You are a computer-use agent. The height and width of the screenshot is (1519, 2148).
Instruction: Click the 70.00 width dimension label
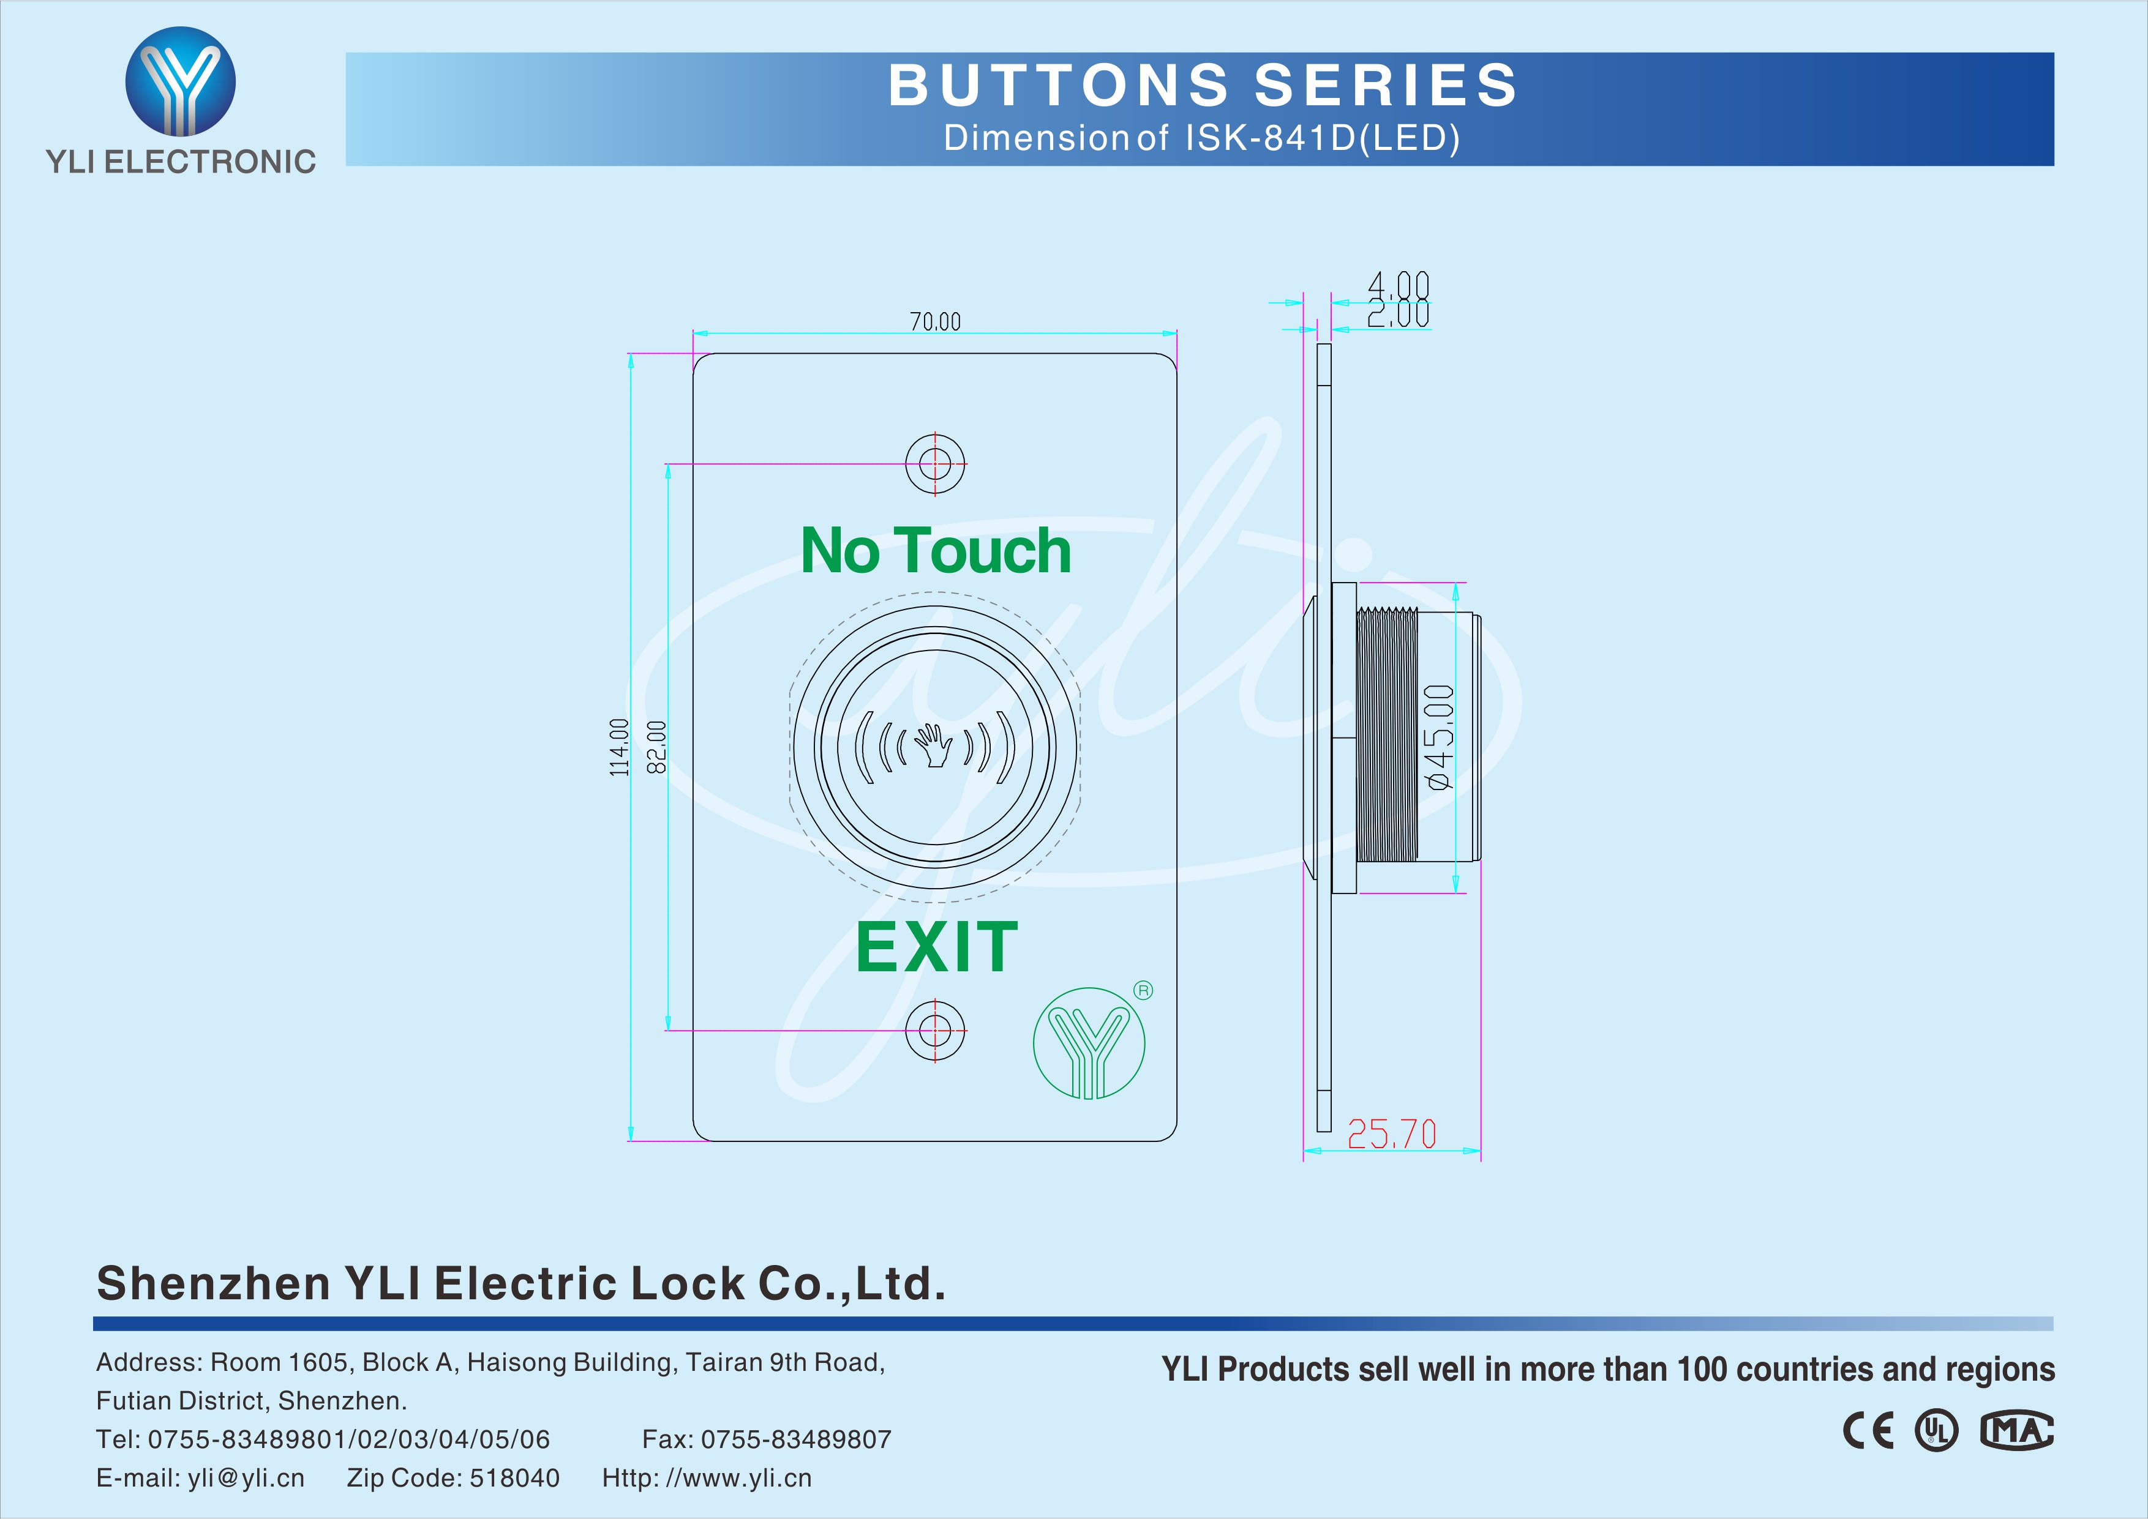tap(936, 322)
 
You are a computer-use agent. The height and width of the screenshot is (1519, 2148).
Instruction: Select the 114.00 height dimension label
tap(619, 747)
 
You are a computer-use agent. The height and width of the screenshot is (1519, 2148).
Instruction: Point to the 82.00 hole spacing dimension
tap(657, 747)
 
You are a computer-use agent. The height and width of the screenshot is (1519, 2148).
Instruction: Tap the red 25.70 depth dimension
tap(1391, 1135)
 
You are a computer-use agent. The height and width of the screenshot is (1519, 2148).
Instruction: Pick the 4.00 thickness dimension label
tap(1399, 285)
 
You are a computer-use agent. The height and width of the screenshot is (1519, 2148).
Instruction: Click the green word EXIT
tap(936, 947)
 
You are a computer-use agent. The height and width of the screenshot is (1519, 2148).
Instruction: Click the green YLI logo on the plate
tap(1089, 1043)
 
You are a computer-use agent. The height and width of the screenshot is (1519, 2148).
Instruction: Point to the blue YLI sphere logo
tap(181, 81)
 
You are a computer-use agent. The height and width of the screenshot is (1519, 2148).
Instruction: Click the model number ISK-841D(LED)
tap(1323, 138)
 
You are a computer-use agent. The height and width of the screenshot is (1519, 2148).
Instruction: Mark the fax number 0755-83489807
tap(796, 1439)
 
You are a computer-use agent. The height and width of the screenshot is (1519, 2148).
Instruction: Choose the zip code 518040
tap(514, 1478)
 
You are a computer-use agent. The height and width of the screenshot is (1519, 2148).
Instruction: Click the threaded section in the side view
tap(1386, 735)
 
